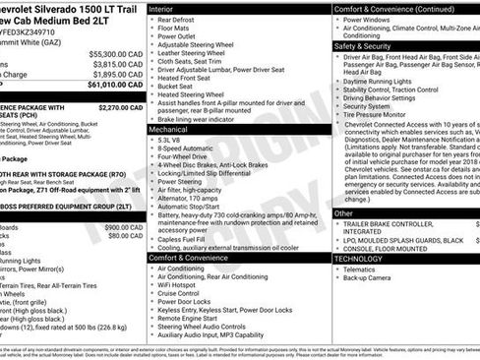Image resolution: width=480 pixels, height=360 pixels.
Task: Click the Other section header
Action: click(344, 212)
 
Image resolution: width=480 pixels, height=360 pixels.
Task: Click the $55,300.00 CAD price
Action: click(106, 53)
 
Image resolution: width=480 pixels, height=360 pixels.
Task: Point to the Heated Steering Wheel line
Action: click(198, 93)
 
